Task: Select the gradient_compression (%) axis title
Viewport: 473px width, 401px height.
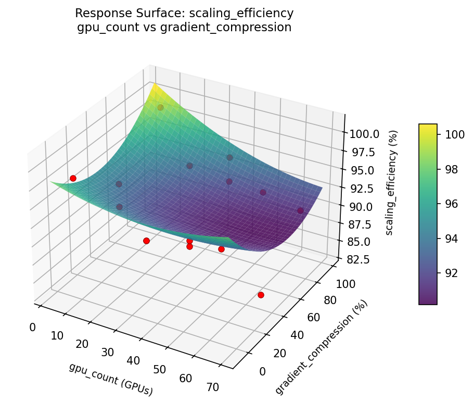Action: pos(322,347)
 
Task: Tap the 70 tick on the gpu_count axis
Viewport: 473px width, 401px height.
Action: pos(213,386)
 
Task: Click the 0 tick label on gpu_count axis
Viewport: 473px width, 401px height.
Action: pos(33,327)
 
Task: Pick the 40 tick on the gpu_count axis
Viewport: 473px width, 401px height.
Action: pos(133,360)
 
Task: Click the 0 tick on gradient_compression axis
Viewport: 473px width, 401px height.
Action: pos(262,371)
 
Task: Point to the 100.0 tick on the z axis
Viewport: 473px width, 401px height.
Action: pos(364,134)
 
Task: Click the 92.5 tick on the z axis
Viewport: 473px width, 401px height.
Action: pos(363,188)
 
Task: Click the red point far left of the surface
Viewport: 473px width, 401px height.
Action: pos(73,178)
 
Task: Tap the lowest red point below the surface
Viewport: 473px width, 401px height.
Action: pos(261,295)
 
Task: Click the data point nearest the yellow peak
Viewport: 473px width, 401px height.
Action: pos(160,107)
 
